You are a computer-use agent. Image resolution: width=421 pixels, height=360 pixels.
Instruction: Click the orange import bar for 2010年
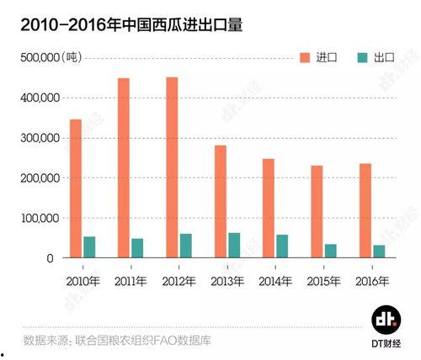(x=76, y=188)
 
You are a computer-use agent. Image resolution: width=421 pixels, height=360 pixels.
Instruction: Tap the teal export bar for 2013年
(x=234, y=245)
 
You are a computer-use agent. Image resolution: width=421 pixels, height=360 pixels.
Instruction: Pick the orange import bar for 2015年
(x=317, y=211)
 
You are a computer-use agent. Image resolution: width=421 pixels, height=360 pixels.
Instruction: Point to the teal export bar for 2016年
(x=380, y=251)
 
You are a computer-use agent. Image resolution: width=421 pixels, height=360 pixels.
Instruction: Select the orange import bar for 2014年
(x=269, y=208)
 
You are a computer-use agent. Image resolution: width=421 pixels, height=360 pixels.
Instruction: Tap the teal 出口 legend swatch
(x=362, y=57)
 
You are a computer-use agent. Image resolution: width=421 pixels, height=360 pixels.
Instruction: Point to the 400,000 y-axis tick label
(x=38, y=98)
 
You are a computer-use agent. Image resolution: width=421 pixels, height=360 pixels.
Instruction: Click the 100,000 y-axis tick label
(x=38, y=218)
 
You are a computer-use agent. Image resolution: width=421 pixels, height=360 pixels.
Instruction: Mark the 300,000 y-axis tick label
(x=38, y=138)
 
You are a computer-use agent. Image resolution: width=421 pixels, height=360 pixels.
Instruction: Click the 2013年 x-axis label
(x=227, y=280)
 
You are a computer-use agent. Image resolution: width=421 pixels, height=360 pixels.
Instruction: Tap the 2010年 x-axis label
(x=82, y=280)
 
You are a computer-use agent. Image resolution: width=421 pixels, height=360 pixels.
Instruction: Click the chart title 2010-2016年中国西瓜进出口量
(x=125, y=25)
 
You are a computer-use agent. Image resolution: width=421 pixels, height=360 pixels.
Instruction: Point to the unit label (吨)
(x=75, y=57)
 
